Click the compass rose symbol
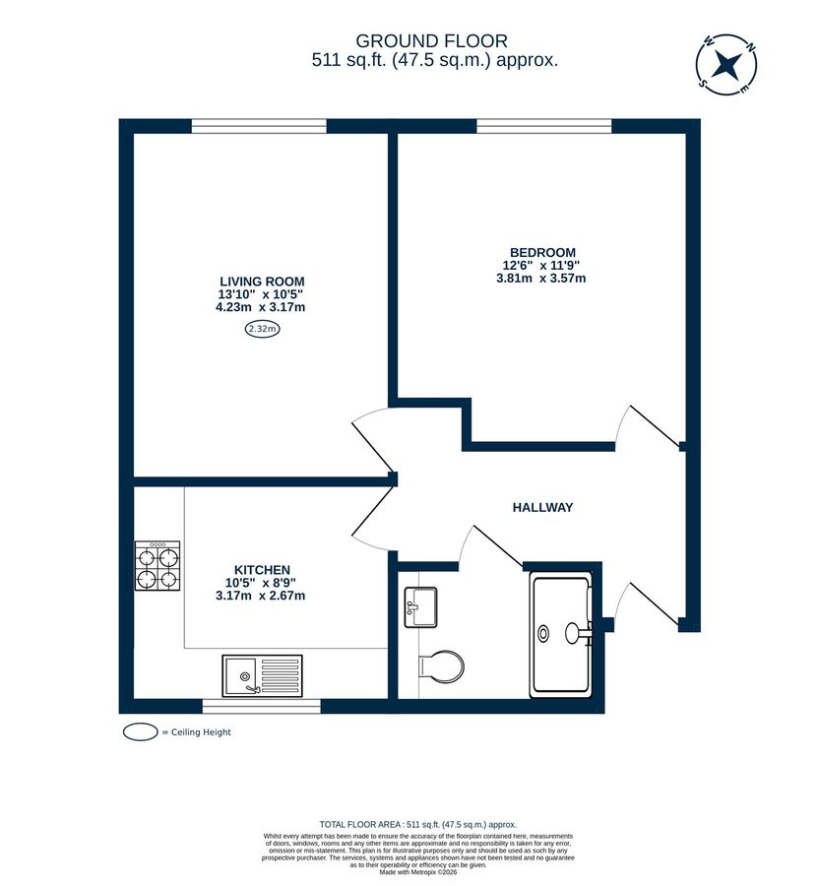click(x=726, y=66)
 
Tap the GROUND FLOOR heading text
click(x=431, y=40)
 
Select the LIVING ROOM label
click(x=261, y=281)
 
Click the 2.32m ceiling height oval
click(x=262, y=330)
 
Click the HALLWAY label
click(x=542, y=507)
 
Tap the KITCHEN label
click(x=261, y=570)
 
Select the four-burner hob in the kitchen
click(x=157, y=568)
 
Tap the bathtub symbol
click(x=561, y=634)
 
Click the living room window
click(x=258, y=125)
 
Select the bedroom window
click(x=543, y=125)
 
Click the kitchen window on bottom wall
click(x=261, y=706)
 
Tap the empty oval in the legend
click(x=141, y=732)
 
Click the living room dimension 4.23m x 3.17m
click(x=261, y=306)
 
